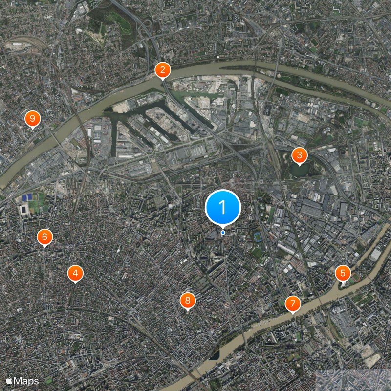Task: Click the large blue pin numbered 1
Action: (x=223, y=207)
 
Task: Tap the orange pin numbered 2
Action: (x=162, y=70)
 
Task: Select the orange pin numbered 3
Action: (x=299, y=155)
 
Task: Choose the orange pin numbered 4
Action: (x=75, y=274)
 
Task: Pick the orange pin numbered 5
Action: (x=343, y=273)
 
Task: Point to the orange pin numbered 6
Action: (x=44, y=238)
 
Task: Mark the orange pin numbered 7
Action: (x=293, y=304)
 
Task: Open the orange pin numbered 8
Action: (x=187, y=300)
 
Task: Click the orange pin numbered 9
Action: (x=32, y=118)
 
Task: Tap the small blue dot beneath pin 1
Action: (x=223, y=233)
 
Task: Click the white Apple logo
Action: (x=9, y=380)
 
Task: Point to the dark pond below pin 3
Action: (x=299, y=171)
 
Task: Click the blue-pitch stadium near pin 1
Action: (x=258, y=238)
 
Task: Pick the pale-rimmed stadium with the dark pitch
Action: (x=23, y=210)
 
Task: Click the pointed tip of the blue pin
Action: (x=223, y=228)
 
